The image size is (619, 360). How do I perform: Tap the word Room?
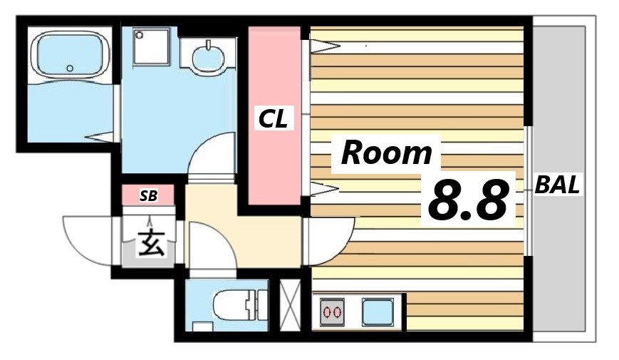pyautogui.click(x=387, y=153)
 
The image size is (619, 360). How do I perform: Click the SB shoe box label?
pyautogui.click(x=148, y=195)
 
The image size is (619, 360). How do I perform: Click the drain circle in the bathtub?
pyautogui.click(x=70, y=68)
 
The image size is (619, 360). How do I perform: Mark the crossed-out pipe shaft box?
pyautogui.click(x=291, y=305)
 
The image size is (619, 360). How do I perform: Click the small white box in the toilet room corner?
pyautogui.click(x=203, y=326)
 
